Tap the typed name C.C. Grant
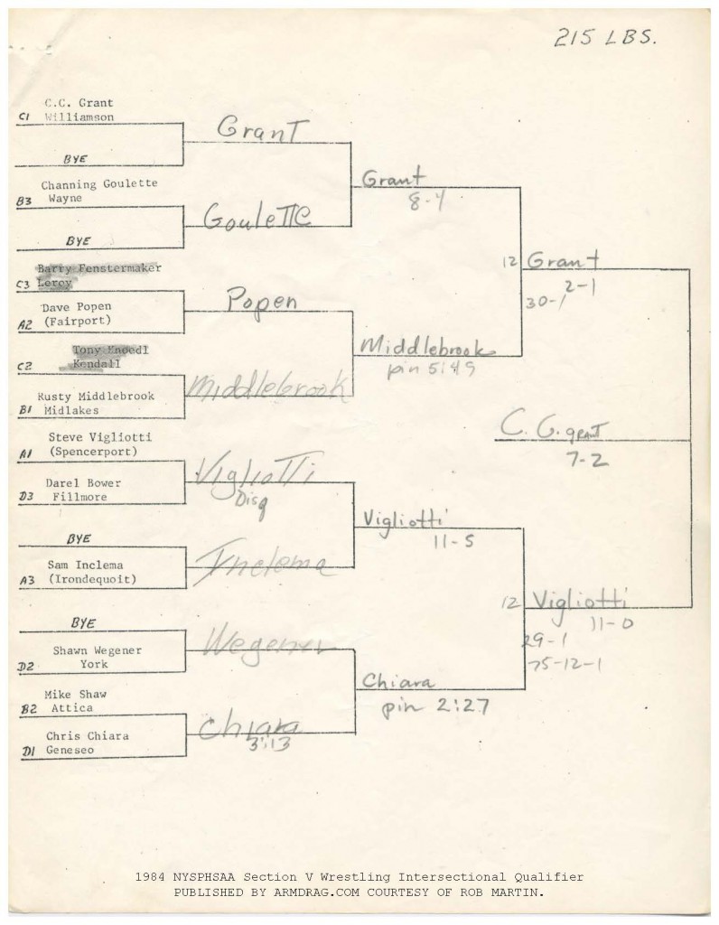tap(79, 103)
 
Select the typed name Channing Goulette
tap(99, 183)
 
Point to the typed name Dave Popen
tap(77, 306)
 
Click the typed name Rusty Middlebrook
tap(96, 396)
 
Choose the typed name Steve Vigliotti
tap(100, 437)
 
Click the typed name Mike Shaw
tap(76, 695)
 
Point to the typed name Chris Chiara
tap(88, 735)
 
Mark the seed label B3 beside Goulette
tap(24, 202)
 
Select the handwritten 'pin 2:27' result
tap(435, 705)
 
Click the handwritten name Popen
tap(262, 302)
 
